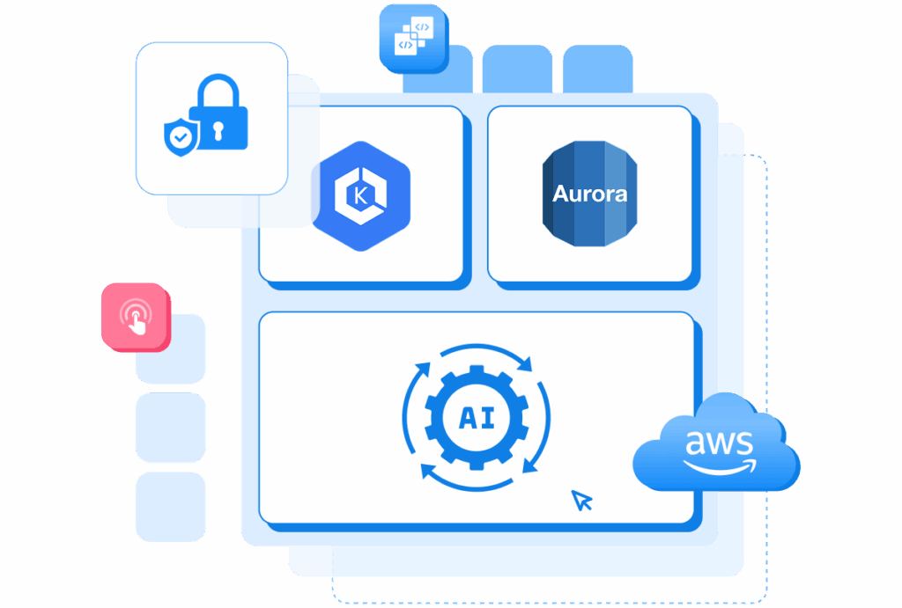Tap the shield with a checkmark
pos(181,136)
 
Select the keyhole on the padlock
pos(218,131)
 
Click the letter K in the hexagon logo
pos(360,196)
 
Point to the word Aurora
pos(589,194)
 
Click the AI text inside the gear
pos(477,418)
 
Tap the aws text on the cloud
pos(719,443)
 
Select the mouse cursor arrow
pos(581,501)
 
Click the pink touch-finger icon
pos(137,317)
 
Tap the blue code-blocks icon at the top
pos(414,39)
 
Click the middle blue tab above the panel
pos(517,69)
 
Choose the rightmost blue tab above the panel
pos(598,69)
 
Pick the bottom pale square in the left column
pos(170,507)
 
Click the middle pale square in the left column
pos(170,428)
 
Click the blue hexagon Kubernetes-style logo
pos(360,196)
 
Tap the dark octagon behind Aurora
pos(589,194)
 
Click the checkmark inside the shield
pos(181,137)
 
